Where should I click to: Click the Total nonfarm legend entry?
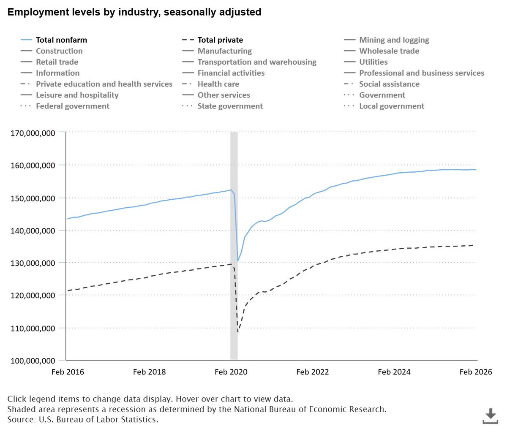pyautogui.click(x=61, y=40)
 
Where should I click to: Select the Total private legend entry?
pyautogui.click(x=220, y=40)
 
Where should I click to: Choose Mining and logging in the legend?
pyautogui.click(x=394, y=40)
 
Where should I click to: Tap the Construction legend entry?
pyautogui.click(x=59, y=51)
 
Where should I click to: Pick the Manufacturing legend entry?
pyautogui.click(x=224, y=51)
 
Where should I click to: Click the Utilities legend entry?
pyautogui.click(x=373, y=62)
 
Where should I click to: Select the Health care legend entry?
pyautogui.click(x=218, y=84)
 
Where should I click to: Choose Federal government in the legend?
pyautogui.click(x=72, y=106)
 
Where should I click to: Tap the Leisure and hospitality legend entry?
pyautogui.click(x=77, y=95)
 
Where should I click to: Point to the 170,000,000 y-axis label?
pyautogui.click(x=33, y=133)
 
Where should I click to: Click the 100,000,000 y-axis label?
pyautogui.click(x=33, y=361)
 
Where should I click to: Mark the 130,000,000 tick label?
pyautogui.click(x=33, y=263)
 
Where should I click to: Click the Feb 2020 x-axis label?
pyautogui.click(x=231, y=372)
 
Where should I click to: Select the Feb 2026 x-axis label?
pyautogui.click(x=476, y=372)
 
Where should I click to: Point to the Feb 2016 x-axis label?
pyautogui.click(x=68, y=372)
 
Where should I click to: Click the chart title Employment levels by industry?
pyautogui.click(x=134, y=12)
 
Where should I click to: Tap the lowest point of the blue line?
pyautogui.click(x=238, y=261)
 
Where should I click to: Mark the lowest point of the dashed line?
pyautogui.click(x=238, y=331)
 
